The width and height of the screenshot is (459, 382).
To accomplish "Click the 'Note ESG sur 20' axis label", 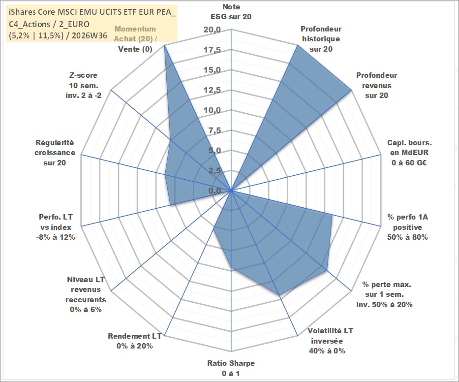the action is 231,12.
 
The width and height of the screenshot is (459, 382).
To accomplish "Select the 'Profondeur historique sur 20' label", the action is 321,39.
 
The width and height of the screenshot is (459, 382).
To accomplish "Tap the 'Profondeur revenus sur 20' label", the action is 376,85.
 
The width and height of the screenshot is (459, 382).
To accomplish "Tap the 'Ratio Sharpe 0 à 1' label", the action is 231,368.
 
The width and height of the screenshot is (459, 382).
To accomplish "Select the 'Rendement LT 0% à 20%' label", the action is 135,341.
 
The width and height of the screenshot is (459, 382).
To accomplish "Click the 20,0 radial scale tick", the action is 212,30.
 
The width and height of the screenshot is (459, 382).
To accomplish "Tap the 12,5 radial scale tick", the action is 212,90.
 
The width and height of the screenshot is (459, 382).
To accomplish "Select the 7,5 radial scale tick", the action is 214,130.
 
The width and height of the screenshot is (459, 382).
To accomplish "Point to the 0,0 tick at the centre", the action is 214,191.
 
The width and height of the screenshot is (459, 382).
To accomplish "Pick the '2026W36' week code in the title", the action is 89,36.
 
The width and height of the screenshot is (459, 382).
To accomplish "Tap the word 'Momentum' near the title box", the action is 135,29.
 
